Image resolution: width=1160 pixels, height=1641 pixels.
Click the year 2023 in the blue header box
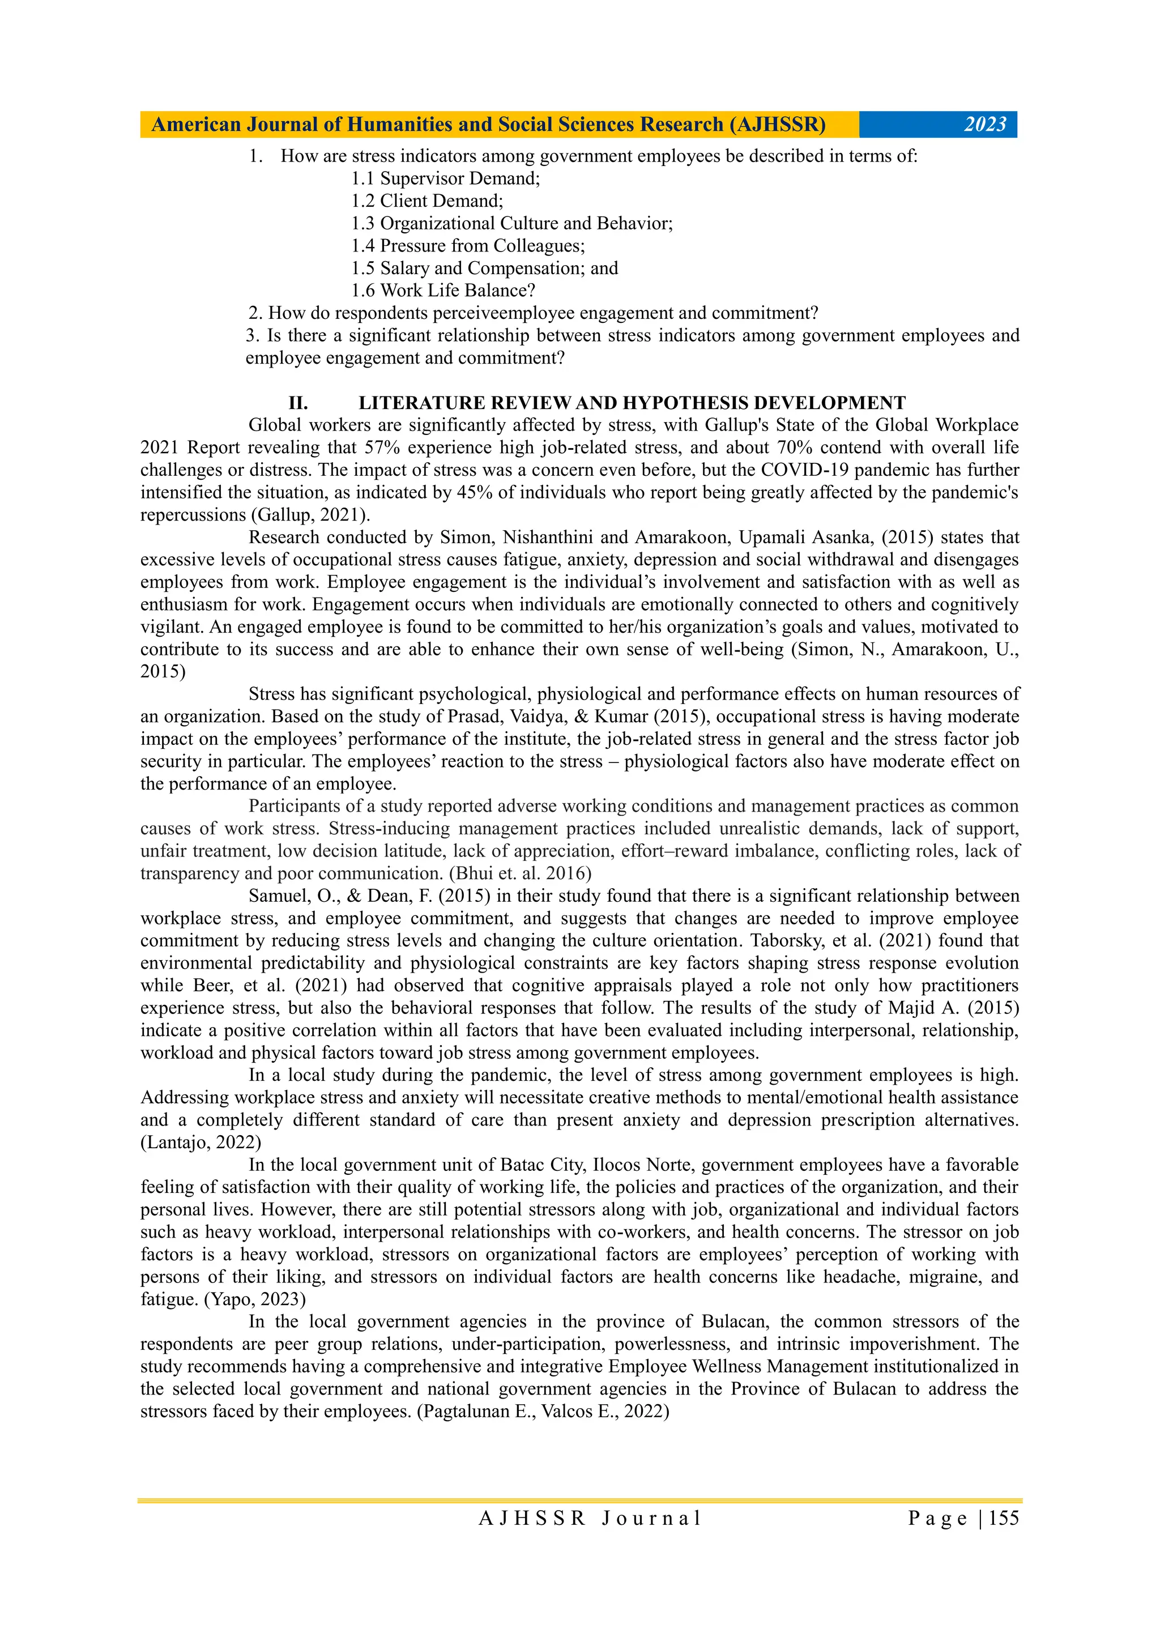click(x=984, y=125)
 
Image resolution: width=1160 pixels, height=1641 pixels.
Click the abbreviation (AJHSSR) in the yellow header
click(x=777, y=125)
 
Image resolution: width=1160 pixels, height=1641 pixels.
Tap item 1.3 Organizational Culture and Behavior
click(x=511, y=223)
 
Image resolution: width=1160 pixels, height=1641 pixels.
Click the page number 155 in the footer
click(x=1004, y=1518)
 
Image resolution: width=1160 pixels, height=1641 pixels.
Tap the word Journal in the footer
click(x=651, y=1518)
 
